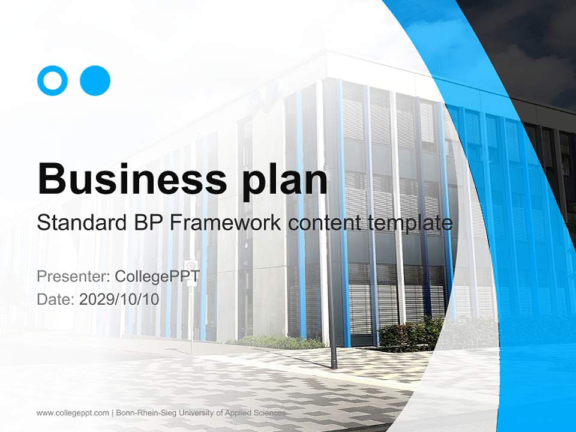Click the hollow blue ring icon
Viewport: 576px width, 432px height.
click(53, 80)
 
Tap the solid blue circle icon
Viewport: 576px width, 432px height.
click(95, 80)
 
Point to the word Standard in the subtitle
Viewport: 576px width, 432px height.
click(80, 223)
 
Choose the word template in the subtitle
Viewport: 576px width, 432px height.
click(408, 223)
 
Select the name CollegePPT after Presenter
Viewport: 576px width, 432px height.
click(157, 277)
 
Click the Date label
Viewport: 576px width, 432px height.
click(56, 299)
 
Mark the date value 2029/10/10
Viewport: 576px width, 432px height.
click(119, 299)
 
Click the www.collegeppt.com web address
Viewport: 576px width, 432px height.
click(73, 413)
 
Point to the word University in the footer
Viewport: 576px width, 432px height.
click(190, 413)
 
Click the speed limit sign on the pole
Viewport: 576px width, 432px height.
click(191, 265)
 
